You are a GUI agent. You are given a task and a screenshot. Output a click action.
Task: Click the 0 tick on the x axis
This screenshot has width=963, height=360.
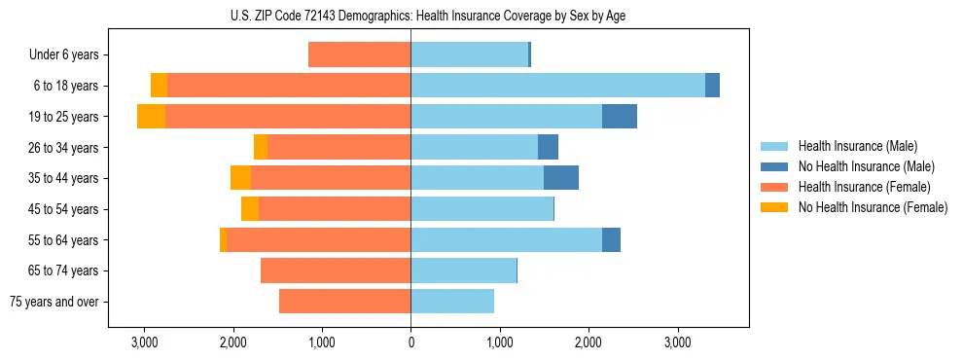(x=410, y=342)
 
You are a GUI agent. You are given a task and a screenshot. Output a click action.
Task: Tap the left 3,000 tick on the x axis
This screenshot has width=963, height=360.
(x=144, y=342)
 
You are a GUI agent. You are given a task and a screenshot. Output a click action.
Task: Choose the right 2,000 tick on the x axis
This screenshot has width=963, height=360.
(x=588, y=342)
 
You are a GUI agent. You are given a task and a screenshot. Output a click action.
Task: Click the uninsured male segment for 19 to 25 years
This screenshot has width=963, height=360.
(x=620, y=117)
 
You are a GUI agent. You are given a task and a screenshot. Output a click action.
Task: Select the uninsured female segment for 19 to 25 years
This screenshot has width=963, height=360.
(x=151, y=117)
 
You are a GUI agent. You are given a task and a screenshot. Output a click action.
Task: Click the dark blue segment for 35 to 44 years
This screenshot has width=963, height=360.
(x=561, y=178)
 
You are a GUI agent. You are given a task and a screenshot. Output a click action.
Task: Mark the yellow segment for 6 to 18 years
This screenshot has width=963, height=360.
(x=159, y=86)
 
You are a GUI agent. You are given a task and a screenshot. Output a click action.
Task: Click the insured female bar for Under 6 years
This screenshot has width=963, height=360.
(x=359, y=55)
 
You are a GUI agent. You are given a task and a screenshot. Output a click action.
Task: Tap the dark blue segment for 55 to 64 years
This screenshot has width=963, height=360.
(x=611, y=239)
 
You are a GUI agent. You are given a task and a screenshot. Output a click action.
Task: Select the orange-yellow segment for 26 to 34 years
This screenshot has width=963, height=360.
(x=261, y=147)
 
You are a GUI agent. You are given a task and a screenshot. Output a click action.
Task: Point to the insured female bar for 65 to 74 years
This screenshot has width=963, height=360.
(x=336, y=270)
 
